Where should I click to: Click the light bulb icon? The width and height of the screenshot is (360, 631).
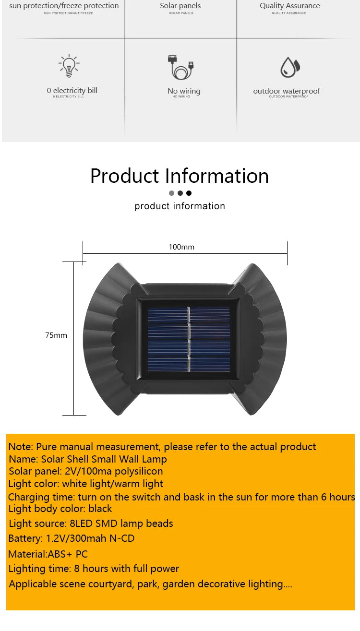[69, 66]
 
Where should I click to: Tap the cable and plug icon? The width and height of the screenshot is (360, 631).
[180, 67]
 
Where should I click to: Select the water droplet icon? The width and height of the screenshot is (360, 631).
[289, 67]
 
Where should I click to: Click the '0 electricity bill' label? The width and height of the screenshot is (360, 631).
[72, 90]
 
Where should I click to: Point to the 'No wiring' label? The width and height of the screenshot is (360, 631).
[184, 91]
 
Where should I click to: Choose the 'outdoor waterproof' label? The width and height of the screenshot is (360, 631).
[287, 91]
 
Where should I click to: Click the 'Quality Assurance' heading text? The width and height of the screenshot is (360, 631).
[289, 6]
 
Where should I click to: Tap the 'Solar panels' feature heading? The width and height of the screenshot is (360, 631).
[180, 6]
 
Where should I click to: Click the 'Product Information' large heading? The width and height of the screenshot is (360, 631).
[180, 176]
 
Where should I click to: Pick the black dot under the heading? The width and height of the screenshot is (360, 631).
[189, 193]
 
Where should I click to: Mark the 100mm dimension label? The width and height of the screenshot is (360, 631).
[181, 247]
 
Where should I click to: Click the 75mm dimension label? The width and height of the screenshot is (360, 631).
[56, 335]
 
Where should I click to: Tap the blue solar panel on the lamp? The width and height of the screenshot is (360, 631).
[189, 339]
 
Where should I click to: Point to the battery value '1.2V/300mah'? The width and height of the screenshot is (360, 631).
[82, 538]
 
